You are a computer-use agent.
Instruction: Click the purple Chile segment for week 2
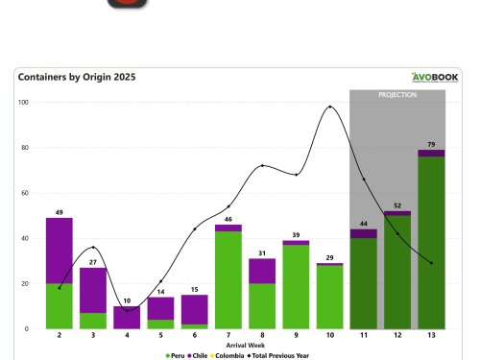tap(60, 250)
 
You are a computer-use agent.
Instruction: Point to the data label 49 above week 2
tap(60, 212)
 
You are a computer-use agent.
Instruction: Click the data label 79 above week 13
tap(431, 144)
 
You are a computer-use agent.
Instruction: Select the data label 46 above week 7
tap(228, 219)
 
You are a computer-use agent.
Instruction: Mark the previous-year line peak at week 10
tap(330, 107)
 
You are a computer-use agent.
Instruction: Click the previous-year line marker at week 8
tap(262, 166)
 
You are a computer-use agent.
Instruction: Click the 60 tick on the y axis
tap(25, 193)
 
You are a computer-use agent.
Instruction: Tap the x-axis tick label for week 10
tap(329, 337)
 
